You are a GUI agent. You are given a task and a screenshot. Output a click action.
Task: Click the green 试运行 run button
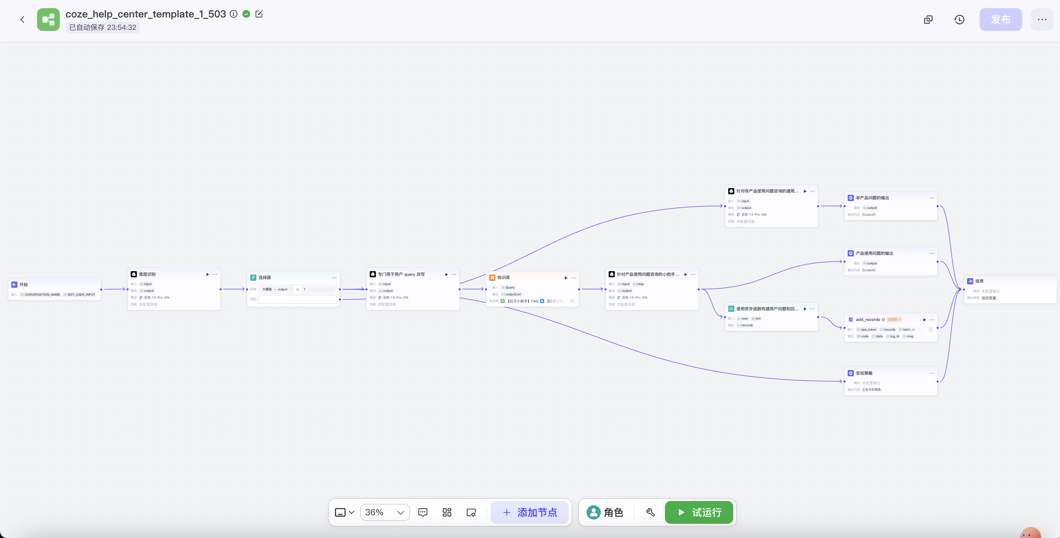pyautogui.click(x=699, y=512)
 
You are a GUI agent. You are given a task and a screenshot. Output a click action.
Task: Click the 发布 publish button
pyautogui.click(x=1000, y=19)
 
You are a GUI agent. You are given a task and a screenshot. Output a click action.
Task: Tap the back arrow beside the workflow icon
pyautogui.click(x=22, y=19)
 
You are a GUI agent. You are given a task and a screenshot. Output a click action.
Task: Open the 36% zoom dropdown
pyautogui.click(x=385, y=512)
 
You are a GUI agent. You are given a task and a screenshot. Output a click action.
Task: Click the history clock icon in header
pyautogui.click(x=959, y=19)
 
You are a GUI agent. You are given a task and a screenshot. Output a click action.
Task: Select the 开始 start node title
pyautogui.click(x=23, y=285)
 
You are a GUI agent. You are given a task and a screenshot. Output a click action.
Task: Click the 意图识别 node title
pyautogui.click(x=147, y=274)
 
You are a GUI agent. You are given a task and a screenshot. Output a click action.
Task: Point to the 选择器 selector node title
pyautogui.click(x=264, y=278)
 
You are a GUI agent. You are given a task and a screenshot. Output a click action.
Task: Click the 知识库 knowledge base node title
pyautogui.click(x=503, y=278)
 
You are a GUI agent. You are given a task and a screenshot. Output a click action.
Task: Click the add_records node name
pyautogui.click(x=867, y=320)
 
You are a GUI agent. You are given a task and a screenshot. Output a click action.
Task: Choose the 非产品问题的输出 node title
pyautogui.click(x=872, y=198)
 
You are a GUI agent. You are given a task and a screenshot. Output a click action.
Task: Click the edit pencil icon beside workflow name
pyautogui.click(x=259, y=14)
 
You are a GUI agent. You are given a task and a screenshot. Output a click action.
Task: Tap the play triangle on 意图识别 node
pyautogui.click(x=208, y=274)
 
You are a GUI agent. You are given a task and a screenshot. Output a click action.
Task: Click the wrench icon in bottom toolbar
pyautogui.click(x=650, y=512)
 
